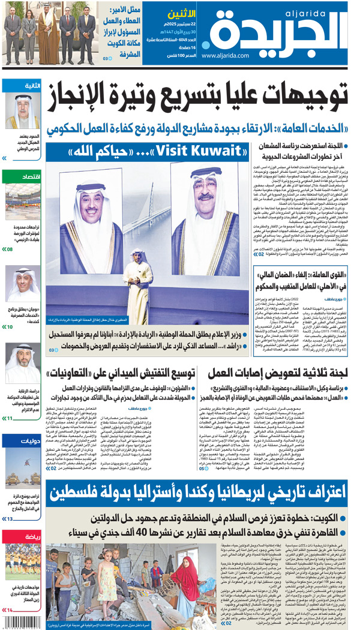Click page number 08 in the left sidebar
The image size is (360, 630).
click(9, 249)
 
